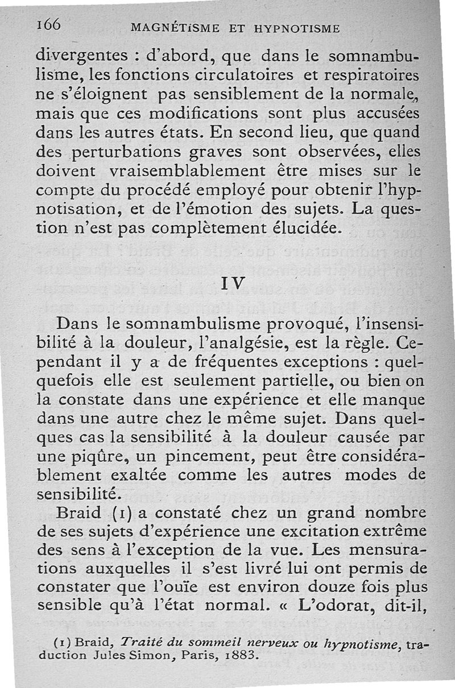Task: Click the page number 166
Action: pos(49,24)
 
